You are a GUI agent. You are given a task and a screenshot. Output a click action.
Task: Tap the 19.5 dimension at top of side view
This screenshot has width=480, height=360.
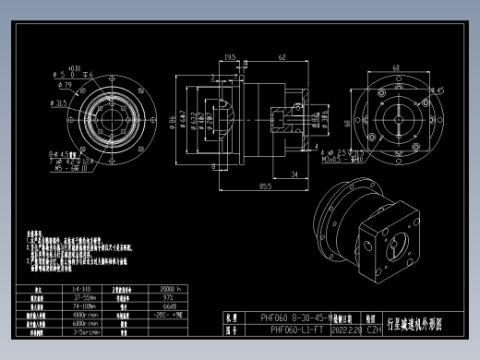230,57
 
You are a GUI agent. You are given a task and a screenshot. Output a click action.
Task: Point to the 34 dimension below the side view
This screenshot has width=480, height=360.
294,173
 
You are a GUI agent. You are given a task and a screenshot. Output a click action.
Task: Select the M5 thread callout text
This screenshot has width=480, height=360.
70,169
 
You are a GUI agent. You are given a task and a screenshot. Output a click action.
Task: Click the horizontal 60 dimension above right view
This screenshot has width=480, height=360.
396,67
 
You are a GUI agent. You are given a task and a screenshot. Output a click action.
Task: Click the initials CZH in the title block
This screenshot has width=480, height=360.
374,329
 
